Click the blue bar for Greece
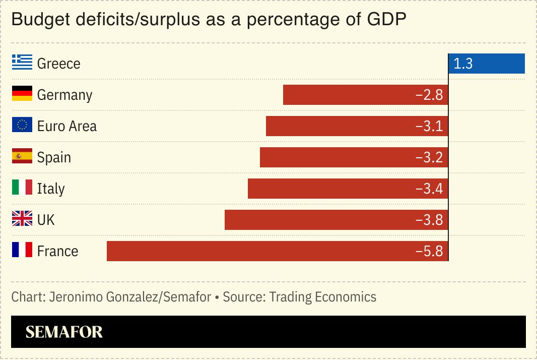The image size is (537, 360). (487, 64)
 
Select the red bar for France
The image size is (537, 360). (277, 251)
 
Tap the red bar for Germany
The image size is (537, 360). (365, 95)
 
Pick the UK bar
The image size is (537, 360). (336, 220)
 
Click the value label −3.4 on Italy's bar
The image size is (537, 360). (429, 189)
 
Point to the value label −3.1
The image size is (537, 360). (429, 126)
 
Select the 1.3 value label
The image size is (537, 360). (463, 64)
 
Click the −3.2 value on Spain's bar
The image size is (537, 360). (429, 157)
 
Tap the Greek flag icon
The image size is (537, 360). (22, 63)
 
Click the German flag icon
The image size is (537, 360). (22, 94)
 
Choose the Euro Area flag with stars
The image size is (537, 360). (22, 125)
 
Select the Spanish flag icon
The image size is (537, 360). (22, 156)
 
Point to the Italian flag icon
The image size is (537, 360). (22, 188)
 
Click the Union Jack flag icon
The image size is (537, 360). (22, 219)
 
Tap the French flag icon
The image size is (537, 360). (22, 250)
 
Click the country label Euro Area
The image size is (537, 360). (66, 126)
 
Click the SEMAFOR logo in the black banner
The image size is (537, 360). (64, 332)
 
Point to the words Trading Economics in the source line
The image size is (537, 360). (322, 296)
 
